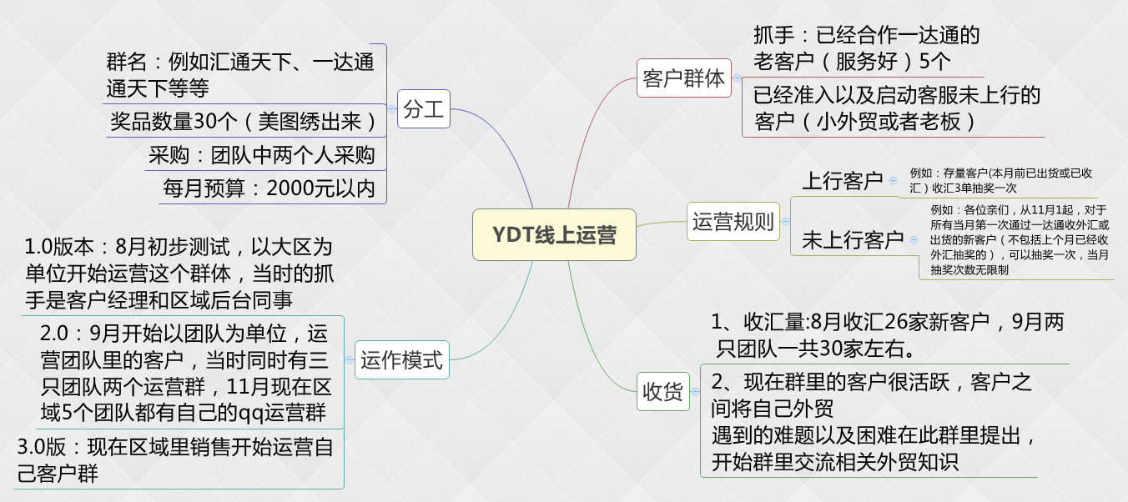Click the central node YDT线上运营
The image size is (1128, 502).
(x=554, y=234)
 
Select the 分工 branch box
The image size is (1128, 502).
(x=424, y=108)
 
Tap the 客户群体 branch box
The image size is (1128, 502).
(x=684, y=78)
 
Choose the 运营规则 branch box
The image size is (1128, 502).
(x=733, y=222)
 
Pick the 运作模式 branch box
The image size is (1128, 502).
(x=402, y=361)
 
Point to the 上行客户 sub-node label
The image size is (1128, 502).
(x=842, y=181)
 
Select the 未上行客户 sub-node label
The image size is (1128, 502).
(x=853, y=240)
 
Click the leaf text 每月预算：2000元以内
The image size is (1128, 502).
(x=269, y=188)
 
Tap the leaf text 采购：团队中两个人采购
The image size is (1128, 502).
(x=262, y=155)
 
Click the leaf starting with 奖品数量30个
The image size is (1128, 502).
(x=244, y=122)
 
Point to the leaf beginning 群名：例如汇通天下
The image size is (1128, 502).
(x=240, y=75)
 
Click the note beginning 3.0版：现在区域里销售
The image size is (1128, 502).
(x=175, y=459)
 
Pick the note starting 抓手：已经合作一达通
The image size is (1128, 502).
(x=866, y=48)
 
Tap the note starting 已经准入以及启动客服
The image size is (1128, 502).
(x=897, y=108)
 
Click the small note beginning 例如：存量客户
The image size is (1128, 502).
(x=1001, y=180)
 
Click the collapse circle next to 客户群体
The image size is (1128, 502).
(x=738, y=78)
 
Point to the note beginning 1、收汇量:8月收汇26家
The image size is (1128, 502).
(x=887, y=334)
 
